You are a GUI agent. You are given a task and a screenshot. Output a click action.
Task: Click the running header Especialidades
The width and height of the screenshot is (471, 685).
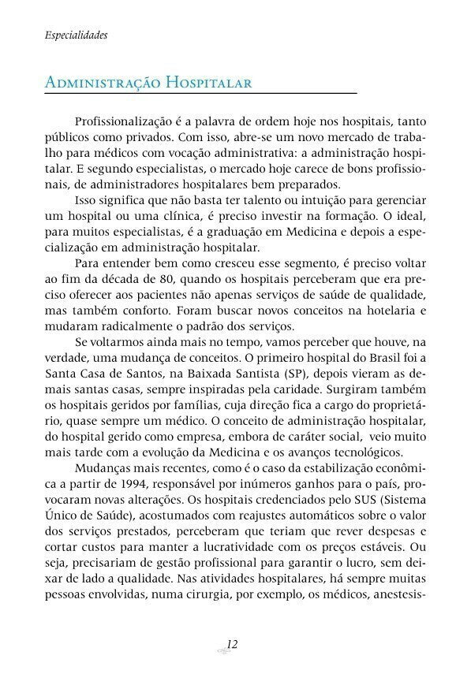76,35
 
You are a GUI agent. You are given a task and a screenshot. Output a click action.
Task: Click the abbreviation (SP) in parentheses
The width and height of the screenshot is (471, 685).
292,376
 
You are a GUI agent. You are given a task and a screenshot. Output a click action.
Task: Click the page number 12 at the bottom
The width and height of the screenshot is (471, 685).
232,645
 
